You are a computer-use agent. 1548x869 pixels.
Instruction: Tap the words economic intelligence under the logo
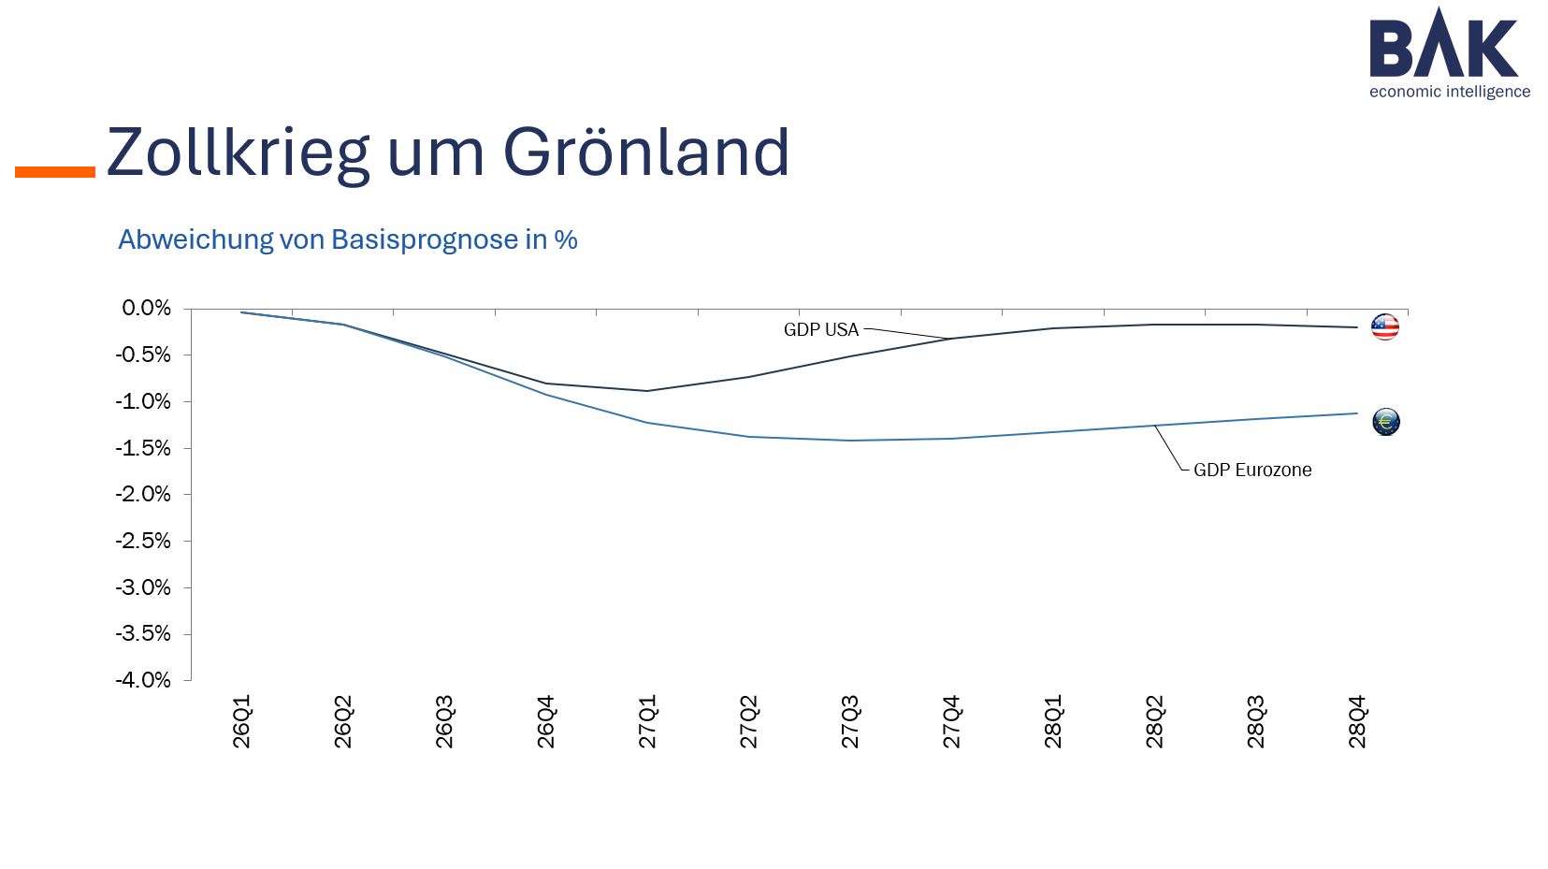(1449, 92)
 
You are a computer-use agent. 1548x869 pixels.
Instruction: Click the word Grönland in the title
(646, 152)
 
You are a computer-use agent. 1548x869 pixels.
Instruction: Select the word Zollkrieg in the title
(238, 152)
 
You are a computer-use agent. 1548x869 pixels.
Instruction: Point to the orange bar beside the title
(55, 172)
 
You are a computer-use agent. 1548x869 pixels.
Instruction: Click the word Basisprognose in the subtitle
(425, 239)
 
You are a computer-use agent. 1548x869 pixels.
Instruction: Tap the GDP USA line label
(820, 329)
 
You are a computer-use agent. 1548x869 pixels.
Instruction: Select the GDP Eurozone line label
(1251, 470)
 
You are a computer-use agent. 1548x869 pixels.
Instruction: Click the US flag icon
(1384, 326)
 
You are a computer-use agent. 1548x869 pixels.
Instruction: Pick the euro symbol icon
(1385, 422)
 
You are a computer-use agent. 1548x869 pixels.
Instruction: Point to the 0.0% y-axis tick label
(147, 309)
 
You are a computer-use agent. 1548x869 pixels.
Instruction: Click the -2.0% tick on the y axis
(144, 494)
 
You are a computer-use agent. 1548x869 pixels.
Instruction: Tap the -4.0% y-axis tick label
(144, 680)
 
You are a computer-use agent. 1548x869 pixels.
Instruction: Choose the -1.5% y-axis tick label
(144, 448)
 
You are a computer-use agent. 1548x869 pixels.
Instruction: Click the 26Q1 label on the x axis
(241, 722)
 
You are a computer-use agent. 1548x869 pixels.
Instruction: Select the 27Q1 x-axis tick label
(647, 722)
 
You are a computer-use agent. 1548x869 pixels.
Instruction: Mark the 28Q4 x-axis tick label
(1357, 722)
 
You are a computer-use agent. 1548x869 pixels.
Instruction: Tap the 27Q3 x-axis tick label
(850, 722)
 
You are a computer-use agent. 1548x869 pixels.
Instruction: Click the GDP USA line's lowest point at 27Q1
(647, 391)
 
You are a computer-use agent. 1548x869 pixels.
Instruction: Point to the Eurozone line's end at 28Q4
(1356, 413)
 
